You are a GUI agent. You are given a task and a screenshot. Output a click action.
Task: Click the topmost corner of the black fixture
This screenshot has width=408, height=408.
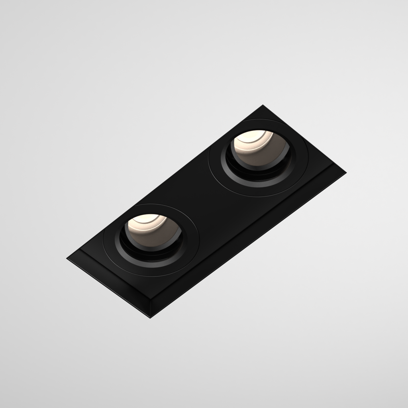pyautogui.click(x=263, y=106)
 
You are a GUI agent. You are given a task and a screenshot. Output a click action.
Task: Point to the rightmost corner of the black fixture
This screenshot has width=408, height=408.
pyautogui.click(x=345, y=173)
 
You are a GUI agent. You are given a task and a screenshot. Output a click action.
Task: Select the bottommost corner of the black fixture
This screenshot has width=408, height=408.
pyautogui.click(x=151, y=317)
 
